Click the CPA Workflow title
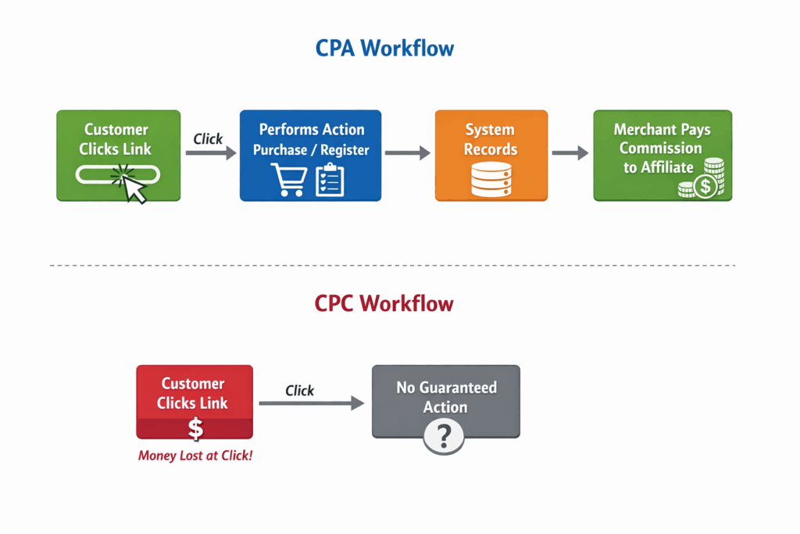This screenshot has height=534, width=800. [384, 48]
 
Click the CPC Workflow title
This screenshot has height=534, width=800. [384, 303]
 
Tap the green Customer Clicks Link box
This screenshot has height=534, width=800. [118, 156]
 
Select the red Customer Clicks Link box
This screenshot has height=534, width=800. [195, 401]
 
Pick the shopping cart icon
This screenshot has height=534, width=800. [288, 179]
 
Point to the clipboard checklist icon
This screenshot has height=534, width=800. [329, 179]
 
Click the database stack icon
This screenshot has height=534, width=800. [491, 179]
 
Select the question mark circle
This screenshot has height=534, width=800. [444, 435]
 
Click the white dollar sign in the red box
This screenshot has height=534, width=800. [195, 428]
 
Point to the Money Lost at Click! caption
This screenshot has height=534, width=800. [195, 455]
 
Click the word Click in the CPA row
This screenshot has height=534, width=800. [208, 138]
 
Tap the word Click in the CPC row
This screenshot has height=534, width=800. [299, 390]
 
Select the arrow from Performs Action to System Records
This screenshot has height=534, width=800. [408, 153]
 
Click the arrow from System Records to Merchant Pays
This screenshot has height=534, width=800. [570, 153]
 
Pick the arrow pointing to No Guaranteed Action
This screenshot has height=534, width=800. [312, 403]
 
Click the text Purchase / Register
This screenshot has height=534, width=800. [311, 149]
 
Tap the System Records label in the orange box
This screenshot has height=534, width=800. [491, 139]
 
